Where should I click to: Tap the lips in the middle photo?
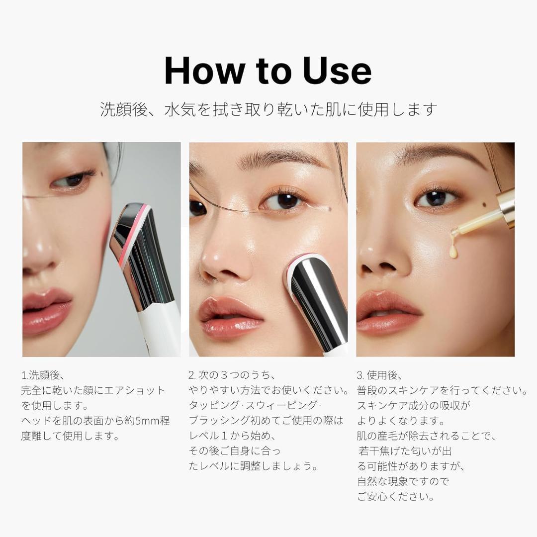231,317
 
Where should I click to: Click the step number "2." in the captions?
192,375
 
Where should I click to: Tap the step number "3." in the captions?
360,375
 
